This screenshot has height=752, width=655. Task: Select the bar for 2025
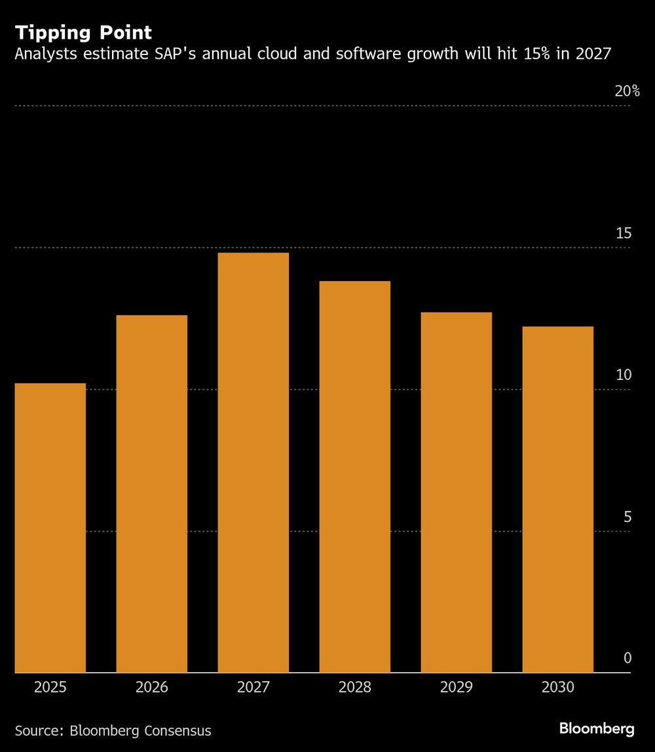50,527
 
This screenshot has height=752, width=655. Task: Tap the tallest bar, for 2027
253,462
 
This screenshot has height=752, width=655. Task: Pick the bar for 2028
355,476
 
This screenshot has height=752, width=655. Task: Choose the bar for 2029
457,492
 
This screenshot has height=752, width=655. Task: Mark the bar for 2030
558,499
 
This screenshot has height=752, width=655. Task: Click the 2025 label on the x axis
50,687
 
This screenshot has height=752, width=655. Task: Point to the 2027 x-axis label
253,687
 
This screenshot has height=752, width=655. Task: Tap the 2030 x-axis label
558,687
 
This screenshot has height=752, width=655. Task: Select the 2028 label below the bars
355,687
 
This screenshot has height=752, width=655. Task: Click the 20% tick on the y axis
627,92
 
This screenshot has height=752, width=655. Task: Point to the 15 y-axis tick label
624,233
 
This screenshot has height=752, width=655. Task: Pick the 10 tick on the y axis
624,375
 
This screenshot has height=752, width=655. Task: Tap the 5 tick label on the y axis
627,517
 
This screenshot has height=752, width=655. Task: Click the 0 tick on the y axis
627,658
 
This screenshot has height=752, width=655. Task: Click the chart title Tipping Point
83,33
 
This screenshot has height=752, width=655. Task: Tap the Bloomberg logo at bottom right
597,728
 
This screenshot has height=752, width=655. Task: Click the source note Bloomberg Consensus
140,730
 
